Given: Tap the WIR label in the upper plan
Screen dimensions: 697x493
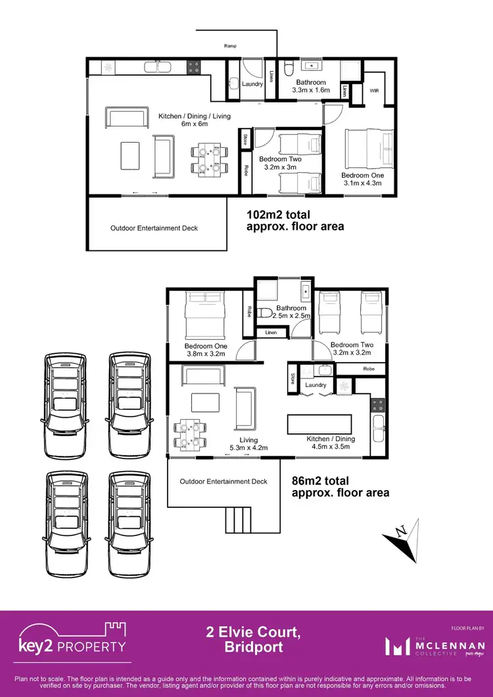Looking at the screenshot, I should (375, 90).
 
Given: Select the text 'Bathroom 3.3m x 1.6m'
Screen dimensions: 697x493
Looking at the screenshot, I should (310, 87).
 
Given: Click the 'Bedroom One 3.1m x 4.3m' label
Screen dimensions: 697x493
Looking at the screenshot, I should (362, 179).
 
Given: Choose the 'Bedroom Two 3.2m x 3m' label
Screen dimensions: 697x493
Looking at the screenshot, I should (280, 164).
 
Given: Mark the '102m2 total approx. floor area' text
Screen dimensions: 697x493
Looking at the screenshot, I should (294, 221).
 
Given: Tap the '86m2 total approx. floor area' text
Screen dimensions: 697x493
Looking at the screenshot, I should (340, 487).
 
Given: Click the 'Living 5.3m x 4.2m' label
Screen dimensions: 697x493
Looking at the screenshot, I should (248, 444).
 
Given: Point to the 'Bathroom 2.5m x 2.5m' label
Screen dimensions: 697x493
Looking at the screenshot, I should (291, 312).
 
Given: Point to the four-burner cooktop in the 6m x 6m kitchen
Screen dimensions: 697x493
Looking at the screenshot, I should (194, 66).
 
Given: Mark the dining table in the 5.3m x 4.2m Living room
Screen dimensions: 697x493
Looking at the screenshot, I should (191, 433).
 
